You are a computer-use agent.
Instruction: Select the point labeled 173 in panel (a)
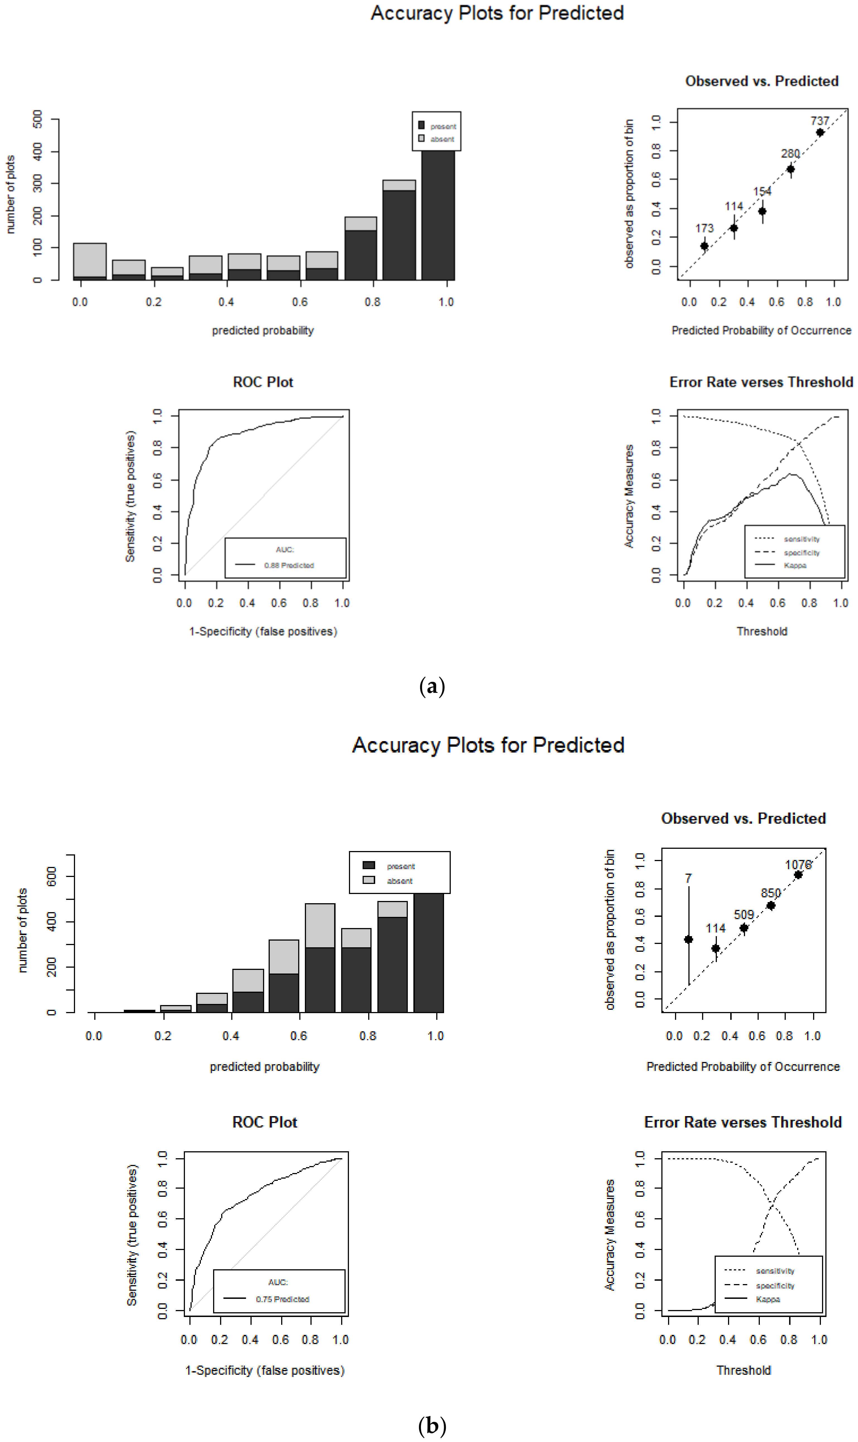pos(704,246)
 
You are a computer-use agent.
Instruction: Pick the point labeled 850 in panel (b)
pos(771,905)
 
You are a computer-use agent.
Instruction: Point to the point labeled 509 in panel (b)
pos(744,928)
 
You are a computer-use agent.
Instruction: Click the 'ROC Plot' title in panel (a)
pos(263,382)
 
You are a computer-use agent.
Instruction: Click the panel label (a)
pos(432,686)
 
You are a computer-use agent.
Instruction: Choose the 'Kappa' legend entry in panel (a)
pos(795,566)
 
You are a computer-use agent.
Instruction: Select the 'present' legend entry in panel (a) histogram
pos(443,126)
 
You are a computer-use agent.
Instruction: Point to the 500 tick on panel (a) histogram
pos(38,119)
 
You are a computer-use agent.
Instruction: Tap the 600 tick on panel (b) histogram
pos(51,876)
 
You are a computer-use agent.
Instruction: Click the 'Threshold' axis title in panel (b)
pos(744,1370)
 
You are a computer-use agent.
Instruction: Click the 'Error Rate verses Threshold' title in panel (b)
pos(743,1122)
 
